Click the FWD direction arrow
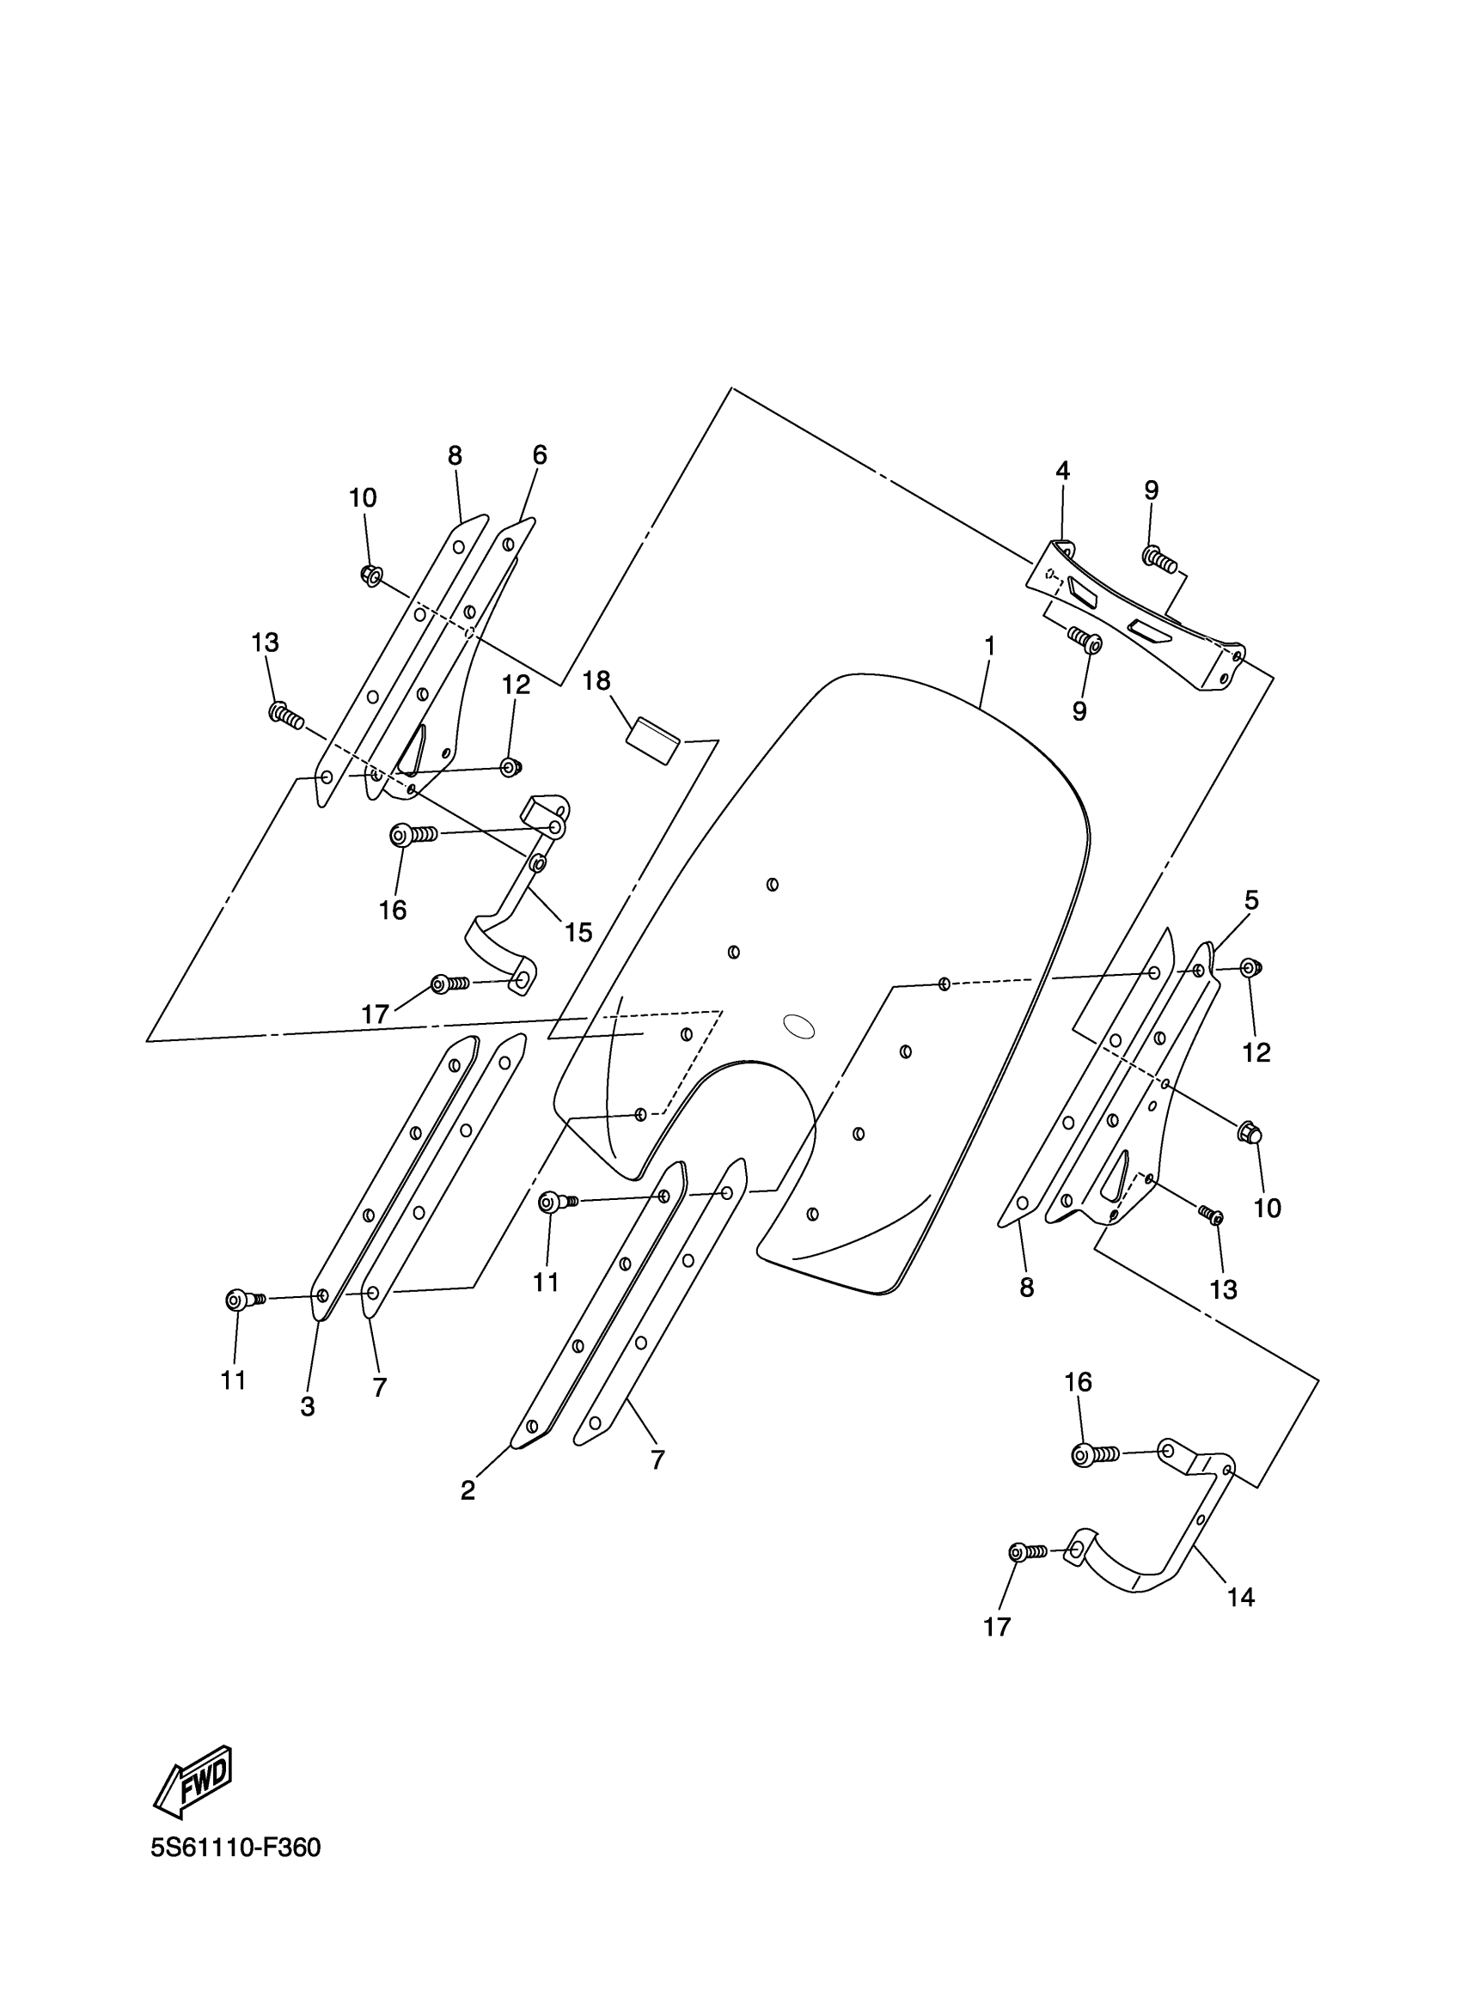coord(193,1781)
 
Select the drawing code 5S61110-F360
coord(235,1847)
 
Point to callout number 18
coord(596,681)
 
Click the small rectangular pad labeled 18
coord(653,741)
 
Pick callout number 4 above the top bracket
coord(1062,471)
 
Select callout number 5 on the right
coord(1251,900)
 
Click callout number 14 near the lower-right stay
coord(1240,1597)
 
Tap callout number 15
coord(578,932)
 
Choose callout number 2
coord(468,1489)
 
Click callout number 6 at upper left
coord(540,455)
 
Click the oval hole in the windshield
coord(798,1026)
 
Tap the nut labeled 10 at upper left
coord(372,576)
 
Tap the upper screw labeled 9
coord(1158,559)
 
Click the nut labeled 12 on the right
coord(1250,967)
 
